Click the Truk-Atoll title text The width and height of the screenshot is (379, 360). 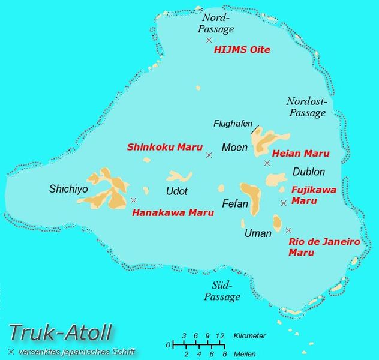point(60,332)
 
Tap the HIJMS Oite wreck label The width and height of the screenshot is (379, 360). point(242,50)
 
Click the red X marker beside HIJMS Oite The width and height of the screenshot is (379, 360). point(209,40)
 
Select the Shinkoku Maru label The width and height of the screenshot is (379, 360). point(164,146)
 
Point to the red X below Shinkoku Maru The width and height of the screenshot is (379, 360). point(209,155)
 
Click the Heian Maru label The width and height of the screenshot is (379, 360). point(300,154)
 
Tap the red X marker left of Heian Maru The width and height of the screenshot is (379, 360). point(267,163)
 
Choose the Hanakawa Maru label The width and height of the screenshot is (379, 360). point(173,212)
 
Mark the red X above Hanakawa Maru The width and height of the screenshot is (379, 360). point(133,200)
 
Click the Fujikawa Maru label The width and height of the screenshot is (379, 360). point(314,195)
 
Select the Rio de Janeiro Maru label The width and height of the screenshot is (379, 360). point(324,247)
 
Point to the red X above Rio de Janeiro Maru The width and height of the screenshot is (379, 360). point(288,230)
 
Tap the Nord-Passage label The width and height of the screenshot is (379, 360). point(218,23)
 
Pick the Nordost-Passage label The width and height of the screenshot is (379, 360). point(306,107)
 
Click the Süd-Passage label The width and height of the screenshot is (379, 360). point(222,291)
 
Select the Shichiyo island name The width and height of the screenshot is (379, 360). point(68,189)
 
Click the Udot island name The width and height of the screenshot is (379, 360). point(176,191)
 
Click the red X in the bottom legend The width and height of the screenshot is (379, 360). point(11,351)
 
